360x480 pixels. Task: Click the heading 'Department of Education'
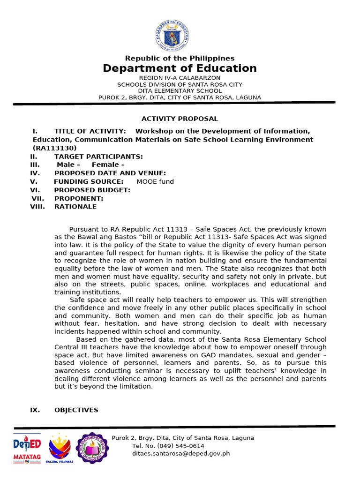(180, 68)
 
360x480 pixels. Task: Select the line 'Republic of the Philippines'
(180, 58)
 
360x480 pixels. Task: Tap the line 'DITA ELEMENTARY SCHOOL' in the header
(180, 91)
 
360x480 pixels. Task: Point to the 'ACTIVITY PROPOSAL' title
(180, 119)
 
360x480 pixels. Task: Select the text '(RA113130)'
(54, 148)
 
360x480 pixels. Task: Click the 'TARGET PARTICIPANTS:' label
(98, 157)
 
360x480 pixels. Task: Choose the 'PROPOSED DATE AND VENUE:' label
(110, 173)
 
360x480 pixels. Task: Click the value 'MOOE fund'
(155, 182)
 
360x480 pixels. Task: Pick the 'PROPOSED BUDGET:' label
(92, 190)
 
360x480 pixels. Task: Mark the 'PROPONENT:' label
(78, 199)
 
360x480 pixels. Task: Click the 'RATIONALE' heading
(75, 207)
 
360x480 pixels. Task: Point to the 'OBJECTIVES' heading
(76, 410)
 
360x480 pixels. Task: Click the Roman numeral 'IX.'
(35, 410)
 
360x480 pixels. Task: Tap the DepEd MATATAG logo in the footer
(27, 448)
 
